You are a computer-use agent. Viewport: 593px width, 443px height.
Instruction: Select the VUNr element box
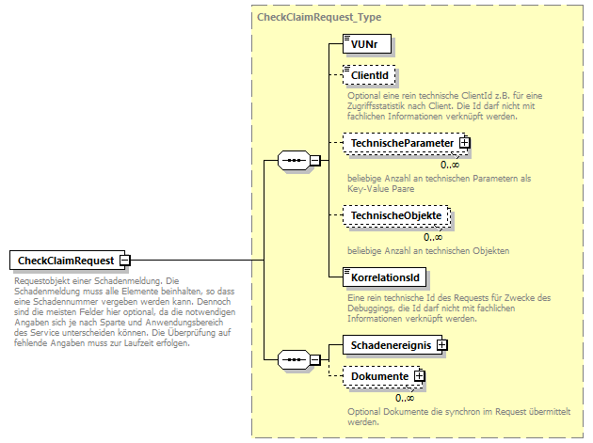[365, 43]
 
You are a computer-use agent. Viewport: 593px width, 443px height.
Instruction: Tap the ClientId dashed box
[370, 75]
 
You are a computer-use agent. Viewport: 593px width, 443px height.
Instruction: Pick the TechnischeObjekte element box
[395, 216]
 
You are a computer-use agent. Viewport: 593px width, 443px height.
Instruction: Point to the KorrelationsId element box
[384, 277]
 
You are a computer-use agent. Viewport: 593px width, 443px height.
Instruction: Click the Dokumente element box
[379, 377]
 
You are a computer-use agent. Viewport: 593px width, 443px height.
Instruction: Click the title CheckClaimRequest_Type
[318, 17]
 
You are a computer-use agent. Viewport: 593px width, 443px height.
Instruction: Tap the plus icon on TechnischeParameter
[464, 143]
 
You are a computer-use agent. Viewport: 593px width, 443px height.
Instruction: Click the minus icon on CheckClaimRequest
[124, 261]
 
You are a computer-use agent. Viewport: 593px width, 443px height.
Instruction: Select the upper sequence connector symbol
[295, 161]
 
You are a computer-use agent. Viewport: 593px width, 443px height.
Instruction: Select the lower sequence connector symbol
[295, 360]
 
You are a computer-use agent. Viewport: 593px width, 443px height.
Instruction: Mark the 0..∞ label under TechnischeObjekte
[433, 237]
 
